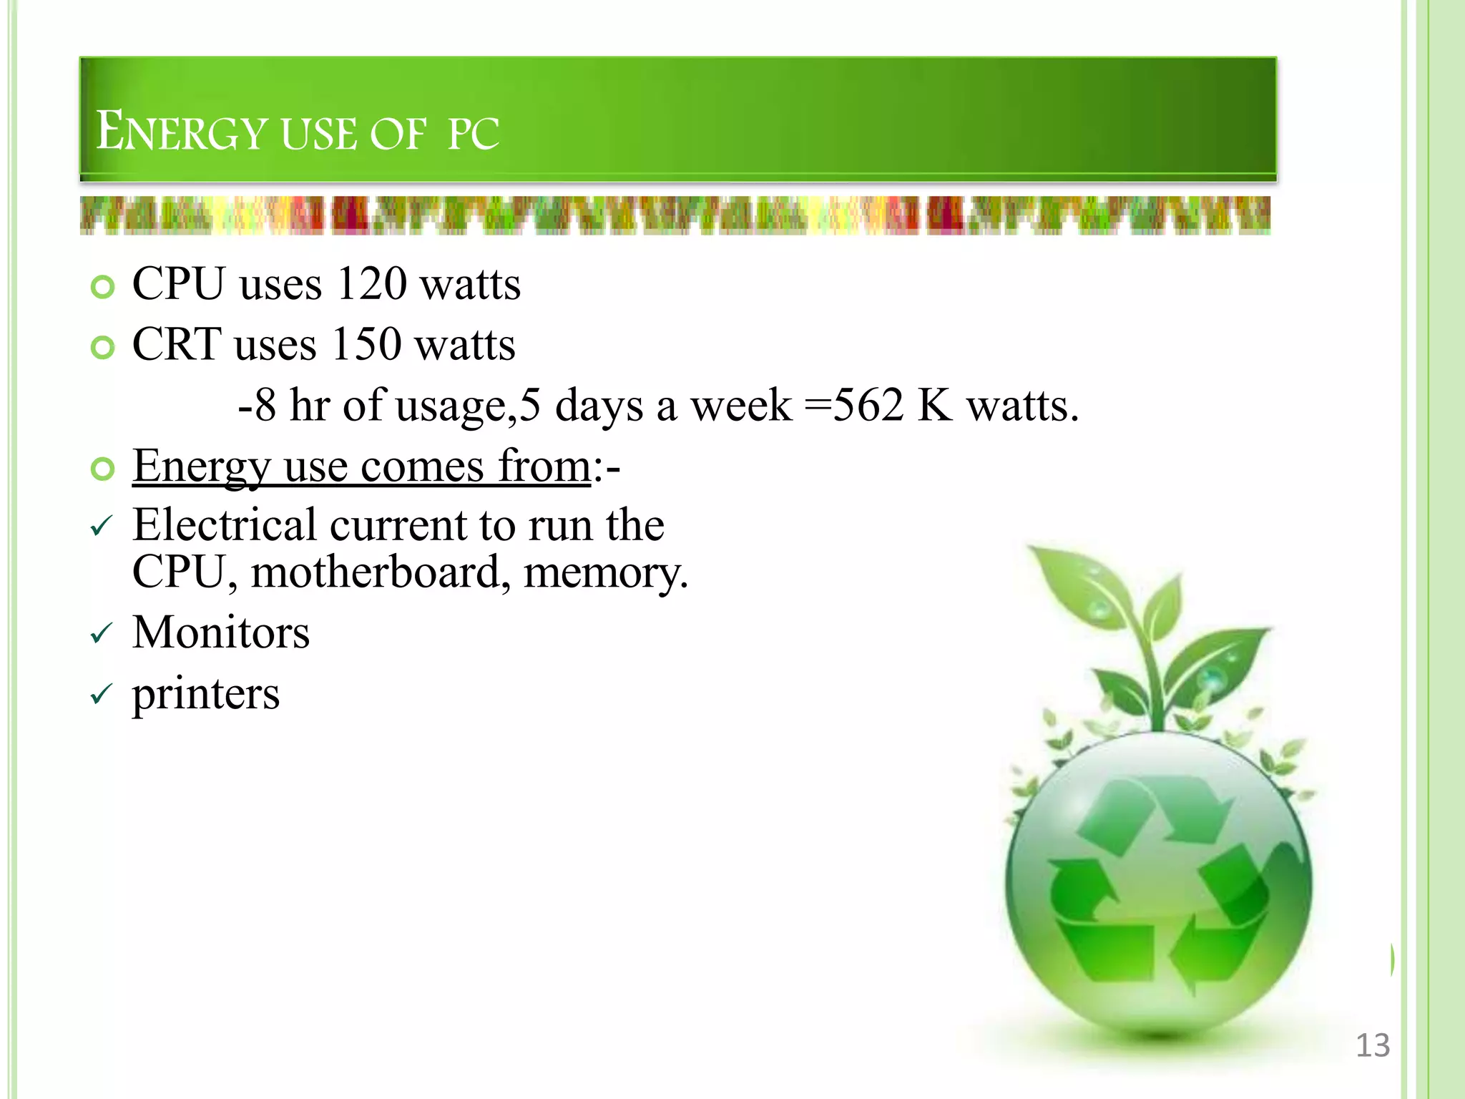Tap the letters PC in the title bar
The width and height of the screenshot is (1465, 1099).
pyautogui.click(x=473, y=134)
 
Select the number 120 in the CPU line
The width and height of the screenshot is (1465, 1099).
pyautogui.click(x=371, y=284)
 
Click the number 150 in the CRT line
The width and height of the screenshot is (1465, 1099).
pyautogui.click(x=366, y=345)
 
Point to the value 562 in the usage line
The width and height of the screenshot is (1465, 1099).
pyautogui.click(x=868, y=406)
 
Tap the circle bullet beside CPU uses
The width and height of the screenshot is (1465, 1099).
pyautogui.click(x=103, y=288)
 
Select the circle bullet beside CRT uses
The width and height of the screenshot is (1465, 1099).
pyautogui.click(x=103, y=348)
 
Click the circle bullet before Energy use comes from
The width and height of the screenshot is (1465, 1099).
pyautogui.click(x=103, y=470)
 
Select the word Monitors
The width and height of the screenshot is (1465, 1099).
pyautogui.click(x=221, y=633)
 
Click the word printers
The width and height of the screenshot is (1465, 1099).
pyautogui.click(x=206, y=694)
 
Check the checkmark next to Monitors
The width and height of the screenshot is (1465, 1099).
pyautogui.click(x=102, y=633)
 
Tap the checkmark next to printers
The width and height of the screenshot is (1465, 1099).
pyautogui.click(x=102, y=694)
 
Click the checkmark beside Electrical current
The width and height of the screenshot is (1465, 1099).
pyautogui.click(x=102, y=527)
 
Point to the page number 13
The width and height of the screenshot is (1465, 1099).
pyautogui.click(x=1373, y=1045)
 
